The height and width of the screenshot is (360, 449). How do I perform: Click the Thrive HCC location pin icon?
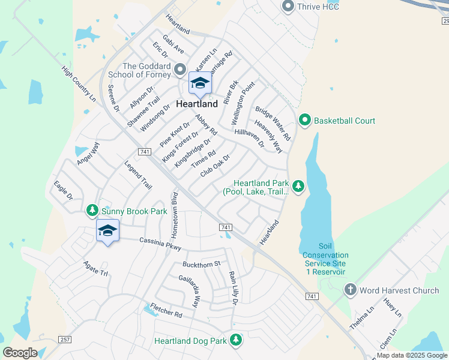[x=288, y=7]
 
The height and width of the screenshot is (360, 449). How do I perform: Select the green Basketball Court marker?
[x=304, y=121]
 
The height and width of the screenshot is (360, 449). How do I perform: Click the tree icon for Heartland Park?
[x=298, y=187]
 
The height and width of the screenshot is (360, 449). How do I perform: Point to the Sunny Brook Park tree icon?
[x=92, y=211]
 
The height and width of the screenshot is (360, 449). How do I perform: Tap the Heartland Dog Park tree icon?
[x=236, y=340]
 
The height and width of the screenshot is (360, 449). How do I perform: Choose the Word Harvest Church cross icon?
[x=351, y=290]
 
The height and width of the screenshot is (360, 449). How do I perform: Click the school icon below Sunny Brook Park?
[x=107, y=231]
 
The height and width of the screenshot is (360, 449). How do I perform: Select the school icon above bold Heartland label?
[x=200, y=83]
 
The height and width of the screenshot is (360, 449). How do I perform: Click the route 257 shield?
[x=65, y=340]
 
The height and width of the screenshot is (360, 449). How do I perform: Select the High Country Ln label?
[x=78, y=83]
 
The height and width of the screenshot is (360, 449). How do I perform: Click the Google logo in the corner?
[x=21, y=352]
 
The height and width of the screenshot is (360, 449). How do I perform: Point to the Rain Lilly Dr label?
[x=233, y=289]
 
